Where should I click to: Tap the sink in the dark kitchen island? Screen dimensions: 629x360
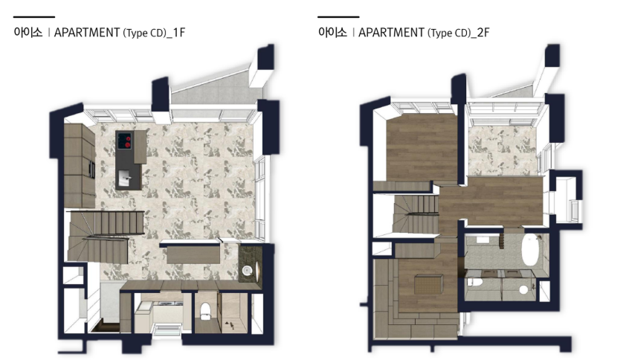(x=124, y=176)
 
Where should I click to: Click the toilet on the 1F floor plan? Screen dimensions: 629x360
(x=205, y=311)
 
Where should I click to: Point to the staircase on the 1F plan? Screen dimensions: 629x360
(x=105, y=236)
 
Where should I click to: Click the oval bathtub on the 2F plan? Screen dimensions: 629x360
(x=530, y=250)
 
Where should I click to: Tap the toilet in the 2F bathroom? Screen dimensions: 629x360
(x=474, y=280)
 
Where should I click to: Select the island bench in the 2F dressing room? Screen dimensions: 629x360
(x=428, y=286)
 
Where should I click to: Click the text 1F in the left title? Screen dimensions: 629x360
(x=179, y=33)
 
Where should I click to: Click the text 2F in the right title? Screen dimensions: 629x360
(x=483, y=33)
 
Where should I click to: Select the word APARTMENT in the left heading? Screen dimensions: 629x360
(x=87, y=32)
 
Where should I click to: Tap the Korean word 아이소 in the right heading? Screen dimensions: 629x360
(x=332, y=32)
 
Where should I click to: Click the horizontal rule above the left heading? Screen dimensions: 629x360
(x=33, y=17)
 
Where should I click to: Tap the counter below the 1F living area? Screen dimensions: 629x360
(x=193, y=254)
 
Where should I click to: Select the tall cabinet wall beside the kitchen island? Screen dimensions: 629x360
(x=79, y=165)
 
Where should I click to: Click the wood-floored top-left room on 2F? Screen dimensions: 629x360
(x=422, y=147)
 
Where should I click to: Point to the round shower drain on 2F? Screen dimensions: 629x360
(x=523, y=289)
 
